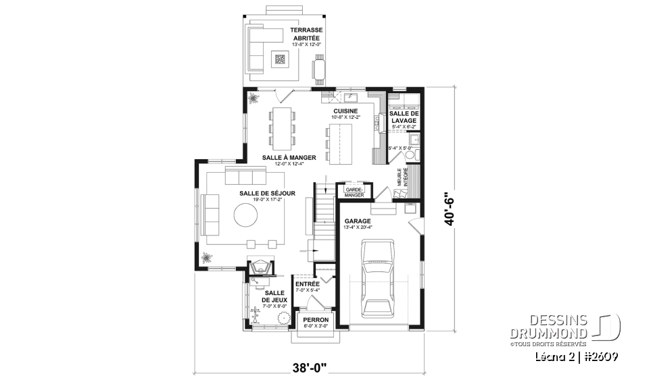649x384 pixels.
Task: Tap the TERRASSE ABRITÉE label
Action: (x=306, y=34)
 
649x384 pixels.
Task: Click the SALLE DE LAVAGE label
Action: (x=404, y=117)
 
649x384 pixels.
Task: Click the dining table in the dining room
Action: (x=281, y=127)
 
